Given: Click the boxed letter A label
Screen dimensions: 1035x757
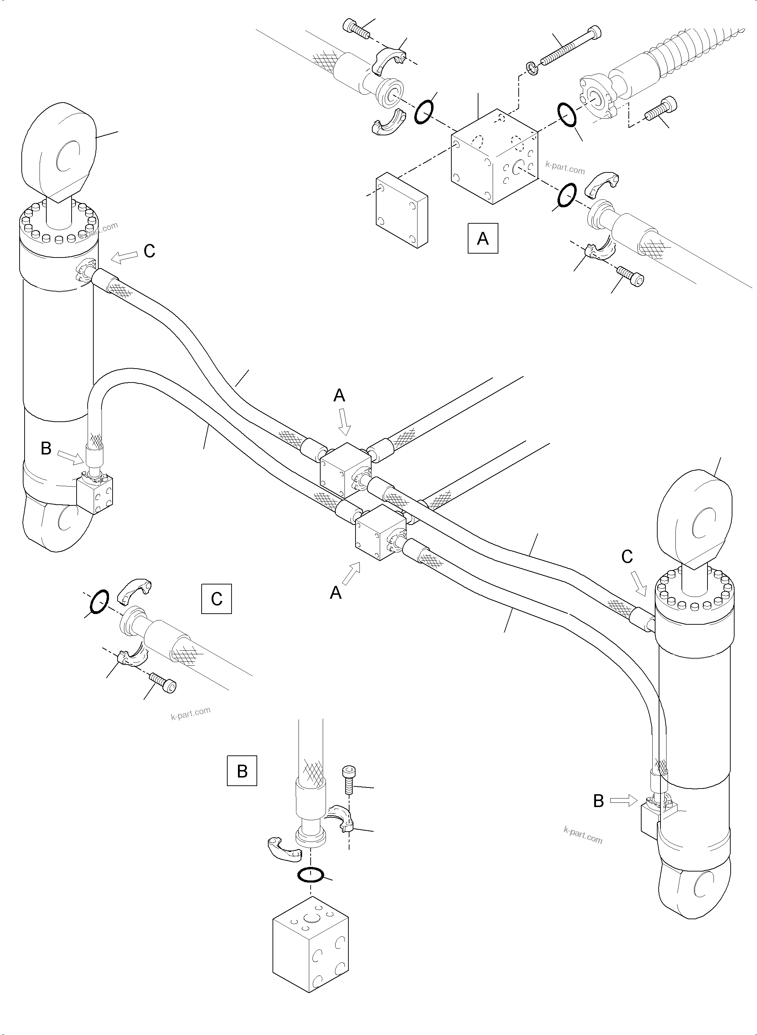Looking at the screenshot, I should [x=482, y=238].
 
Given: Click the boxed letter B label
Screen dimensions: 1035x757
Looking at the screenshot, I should [x=242, y=771].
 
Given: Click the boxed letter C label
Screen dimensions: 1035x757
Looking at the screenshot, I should [x=216, y=598].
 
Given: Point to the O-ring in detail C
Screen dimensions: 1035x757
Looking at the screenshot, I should [x=99, y=601].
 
